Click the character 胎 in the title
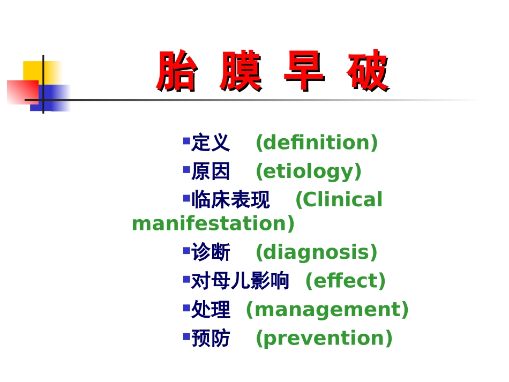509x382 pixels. [x=176, y=72]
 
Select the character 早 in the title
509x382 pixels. [x=304, y=72]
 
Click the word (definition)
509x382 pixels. [x=317, y=143]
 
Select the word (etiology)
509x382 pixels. [x=309, y=171]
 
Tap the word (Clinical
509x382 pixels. [x=339, y=200]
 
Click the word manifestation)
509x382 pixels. [x=213, y=223]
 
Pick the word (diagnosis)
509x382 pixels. [x=317, y=252]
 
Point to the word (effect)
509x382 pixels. [x=346, y=281]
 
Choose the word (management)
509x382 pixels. [x=327, y=310]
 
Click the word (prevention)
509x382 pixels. [x=324, y=339]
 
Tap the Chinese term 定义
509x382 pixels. [x=211, y=143]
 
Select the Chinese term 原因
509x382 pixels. [x=211, y=171]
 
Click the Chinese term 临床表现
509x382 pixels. [x=230, y=200]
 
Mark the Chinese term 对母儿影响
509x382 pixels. [x=240, y=281]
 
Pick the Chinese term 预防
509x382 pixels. [x=211, y=339]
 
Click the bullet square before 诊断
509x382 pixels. [x=186, y=250]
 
